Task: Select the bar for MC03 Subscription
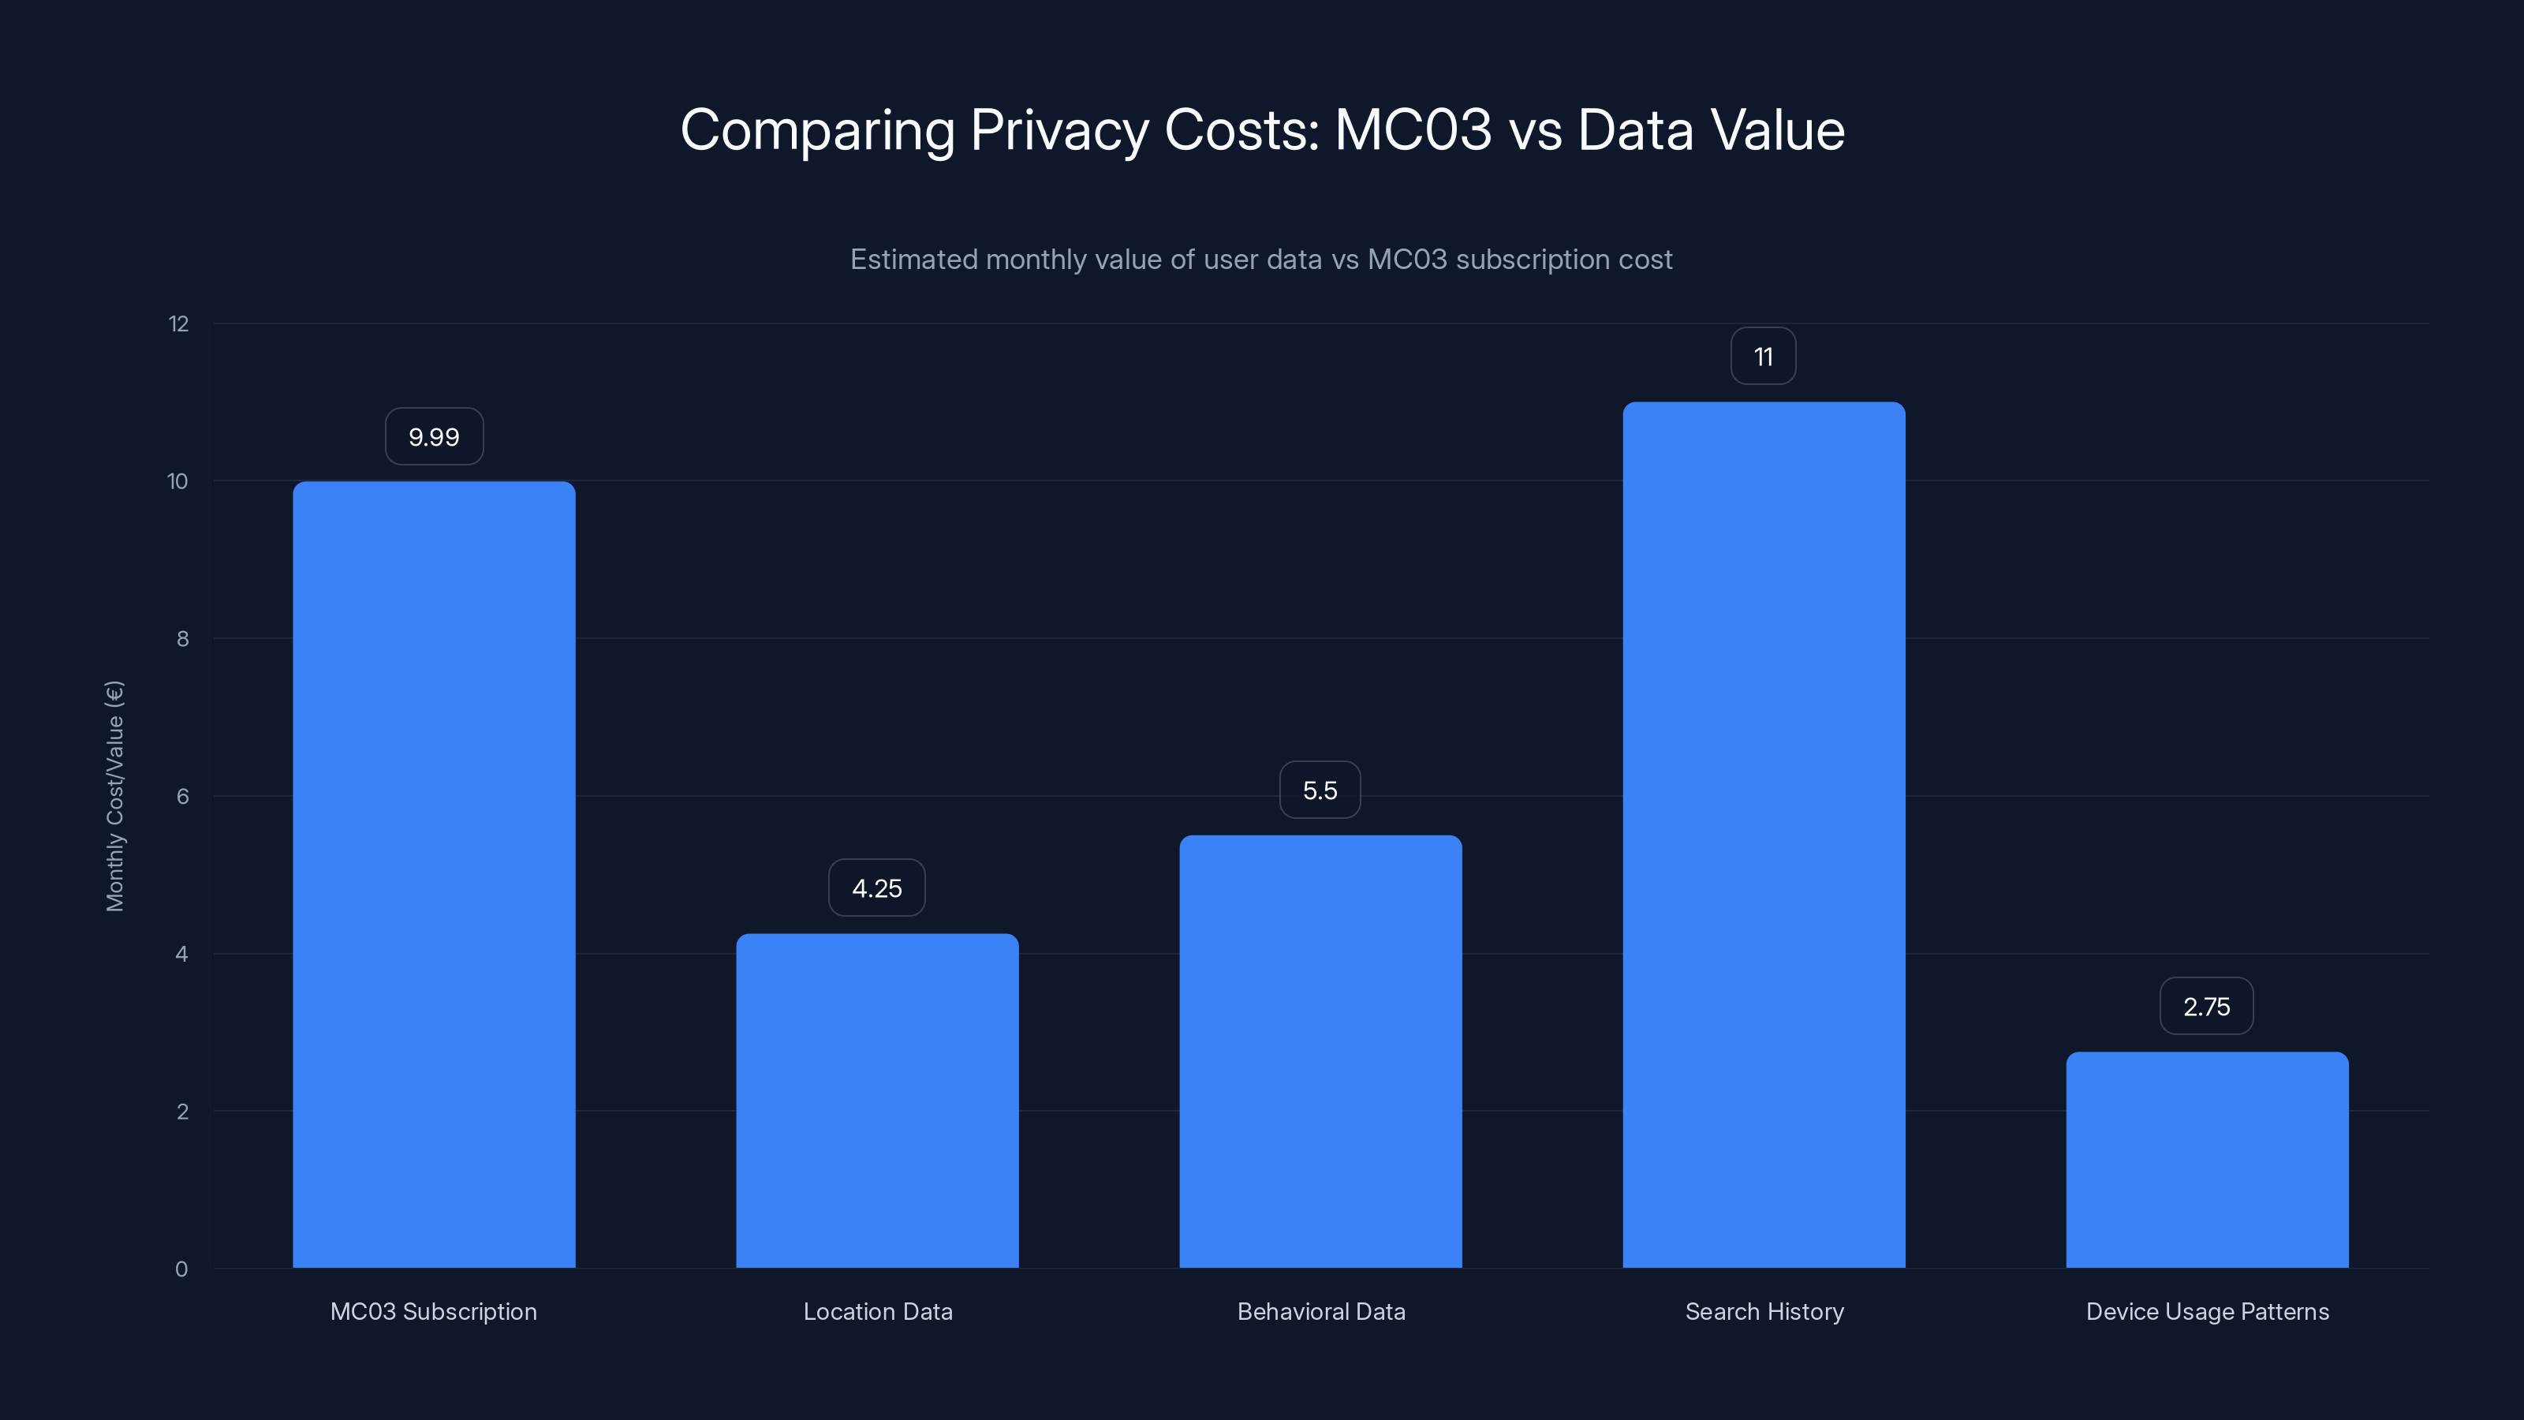[434, 874]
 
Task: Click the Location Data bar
[877, 1100]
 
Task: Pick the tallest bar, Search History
[1764, 834]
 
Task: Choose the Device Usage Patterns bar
[2207, 1160]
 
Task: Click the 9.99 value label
[434, 437]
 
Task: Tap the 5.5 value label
[1320, 790]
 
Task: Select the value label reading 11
[1764, 357]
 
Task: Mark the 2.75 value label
[2207, 1007]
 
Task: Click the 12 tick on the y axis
[178, 324]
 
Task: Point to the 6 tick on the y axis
[182, 797]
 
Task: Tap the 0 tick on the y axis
[181, 1269]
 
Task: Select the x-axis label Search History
[1764, 1311]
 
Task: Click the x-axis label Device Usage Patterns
[2207, 1311]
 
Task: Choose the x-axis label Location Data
[877, 1311]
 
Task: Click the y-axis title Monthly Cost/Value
[114, 796]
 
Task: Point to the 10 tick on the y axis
[177, 481]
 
